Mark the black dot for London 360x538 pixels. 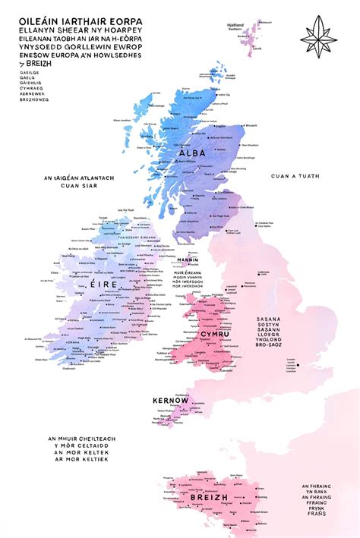coord(299,366)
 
